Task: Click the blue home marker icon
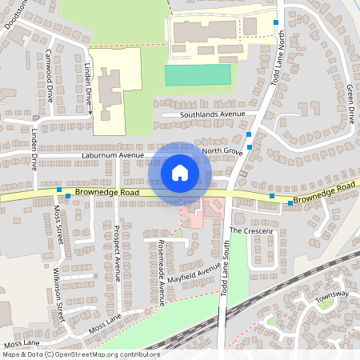180,172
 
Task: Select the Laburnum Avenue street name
112,154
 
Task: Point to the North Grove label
222,150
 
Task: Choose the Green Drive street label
350,104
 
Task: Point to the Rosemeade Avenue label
161,272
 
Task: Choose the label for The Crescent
251,230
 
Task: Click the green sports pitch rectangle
198,74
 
